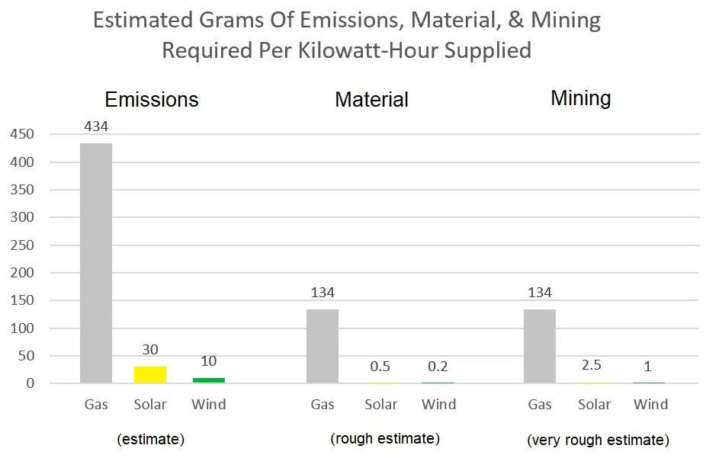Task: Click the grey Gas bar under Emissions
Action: click(x=96, y=263)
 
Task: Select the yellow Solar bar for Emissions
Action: click(x=150, y=375)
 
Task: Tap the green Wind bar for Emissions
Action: click(x=208, y=380)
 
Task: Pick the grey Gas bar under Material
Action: click(x=323, y=346)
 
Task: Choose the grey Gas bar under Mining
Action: click(x=539, y=346)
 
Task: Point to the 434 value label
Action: click(x=96, y=127)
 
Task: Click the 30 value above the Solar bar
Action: click(x=150, y=350)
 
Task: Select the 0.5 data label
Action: click(x=380, y=367)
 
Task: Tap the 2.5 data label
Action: click(x=591, y=365)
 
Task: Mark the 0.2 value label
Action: click(x=438, y=367)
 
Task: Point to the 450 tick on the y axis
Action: click(x=22, y=134)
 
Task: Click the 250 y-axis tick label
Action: click(x=22, y=245)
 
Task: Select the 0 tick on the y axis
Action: click(x=30, y=383)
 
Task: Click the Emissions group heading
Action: click(x=152, y=99)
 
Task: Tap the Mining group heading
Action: click(x=581, y=99)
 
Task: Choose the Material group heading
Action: click(x=372, y=99)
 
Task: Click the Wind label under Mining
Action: click(x=650, y=405)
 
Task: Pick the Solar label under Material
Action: click(x=381, y=405)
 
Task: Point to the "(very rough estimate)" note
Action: click(x=598, y=440)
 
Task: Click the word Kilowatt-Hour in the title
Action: click(x=368, y=50)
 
